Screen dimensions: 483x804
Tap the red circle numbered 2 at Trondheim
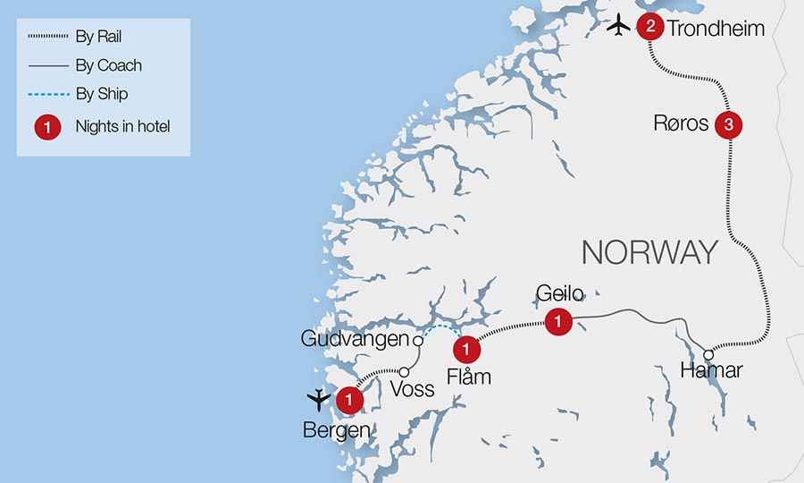coord(649,27)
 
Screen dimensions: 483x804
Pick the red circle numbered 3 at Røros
coord(729,125)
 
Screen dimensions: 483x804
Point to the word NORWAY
coord(649,252)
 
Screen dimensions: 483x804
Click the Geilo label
coord(559,294)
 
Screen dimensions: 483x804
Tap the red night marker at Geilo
coord(557,321)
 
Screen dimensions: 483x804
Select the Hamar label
coord(710,371)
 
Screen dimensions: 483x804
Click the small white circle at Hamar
coord(708,353)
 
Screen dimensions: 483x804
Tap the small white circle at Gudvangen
coord(416,341)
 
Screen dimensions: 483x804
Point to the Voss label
coord(413,389)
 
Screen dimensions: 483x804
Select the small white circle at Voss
coord(404,372)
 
